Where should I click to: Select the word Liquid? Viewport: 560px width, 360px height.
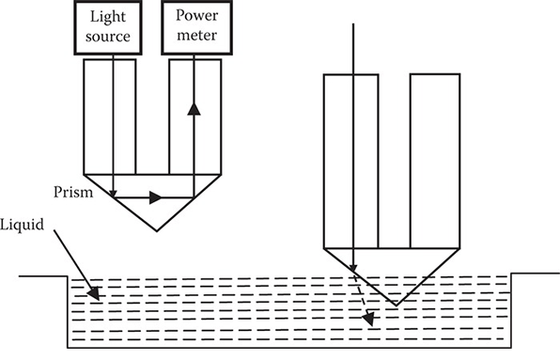point(22,227)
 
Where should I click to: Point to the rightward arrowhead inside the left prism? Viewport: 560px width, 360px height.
point(156,197)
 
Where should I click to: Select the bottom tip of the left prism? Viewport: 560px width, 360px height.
point(153,232)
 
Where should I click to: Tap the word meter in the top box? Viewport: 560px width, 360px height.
point(194,39)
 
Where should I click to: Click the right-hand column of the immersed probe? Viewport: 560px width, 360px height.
point(434,160)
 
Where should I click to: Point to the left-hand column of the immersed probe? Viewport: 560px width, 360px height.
point(350,160)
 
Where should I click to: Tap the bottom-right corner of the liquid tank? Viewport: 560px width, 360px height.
point(510,345)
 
